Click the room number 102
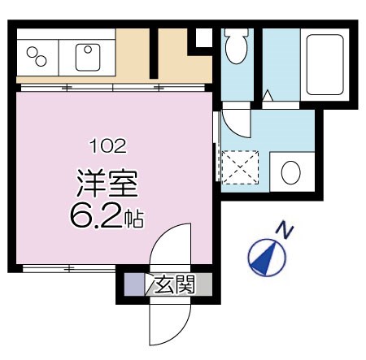107,146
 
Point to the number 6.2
96,215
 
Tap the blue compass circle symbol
267,257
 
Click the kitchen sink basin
86,55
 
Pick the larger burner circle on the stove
41,59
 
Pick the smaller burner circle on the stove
33,50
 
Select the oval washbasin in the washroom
290,171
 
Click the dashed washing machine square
240,171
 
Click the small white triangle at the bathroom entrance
267,97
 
